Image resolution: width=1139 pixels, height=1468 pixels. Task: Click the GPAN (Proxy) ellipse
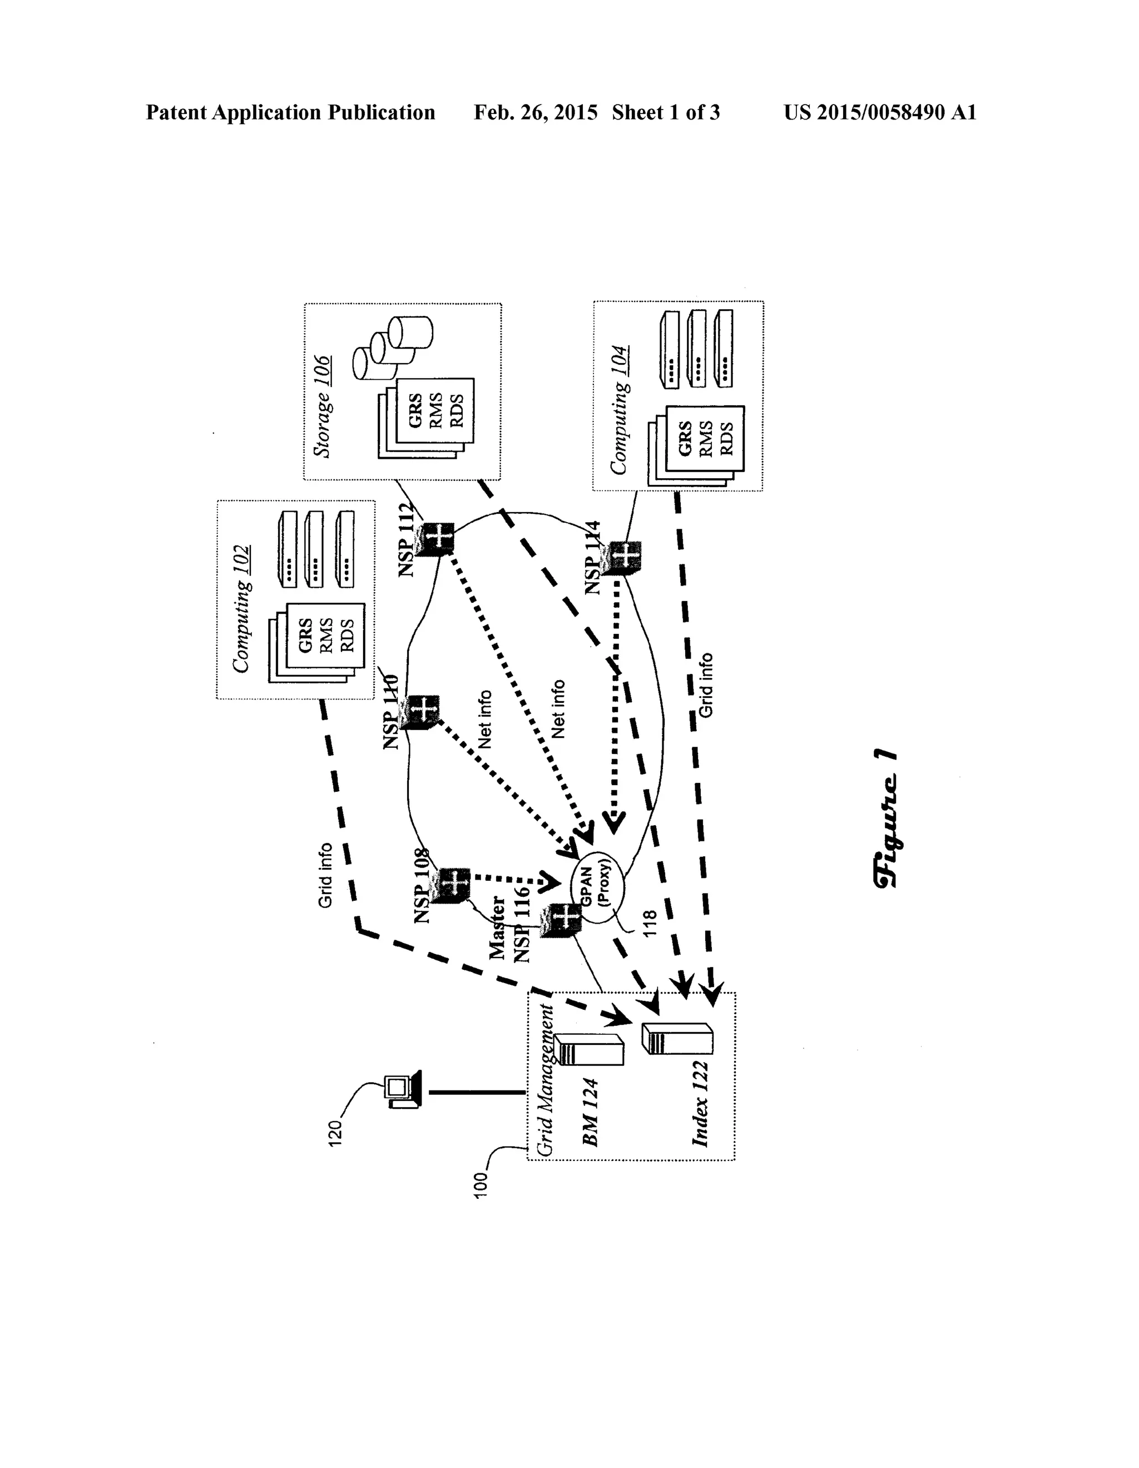(597, 887)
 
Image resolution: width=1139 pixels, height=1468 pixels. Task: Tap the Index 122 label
(700, 1103)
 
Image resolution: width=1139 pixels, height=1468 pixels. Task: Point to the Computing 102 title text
(241, 609)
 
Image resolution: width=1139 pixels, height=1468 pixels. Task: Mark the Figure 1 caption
(885, 818)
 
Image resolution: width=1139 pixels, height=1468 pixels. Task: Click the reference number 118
(650, 925)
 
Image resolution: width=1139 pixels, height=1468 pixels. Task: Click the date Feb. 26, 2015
(535, 112)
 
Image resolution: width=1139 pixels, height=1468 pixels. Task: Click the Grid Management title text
(544, 1080)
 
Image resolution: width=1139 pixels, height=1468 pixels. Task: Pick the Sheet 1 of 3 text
(666, 112)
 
